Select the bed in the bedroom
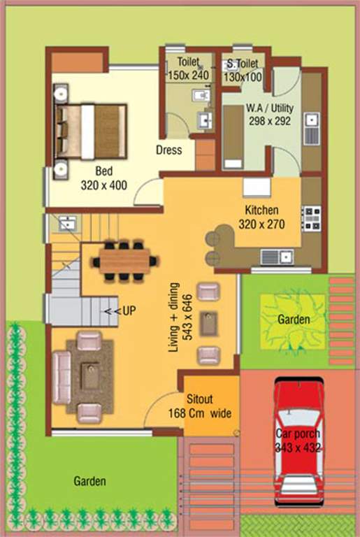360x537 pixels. (x=92, y=131)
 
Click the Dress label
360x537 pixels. (x=168, y=150)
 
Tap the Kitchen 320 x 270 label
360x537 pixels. (x=261, y=217)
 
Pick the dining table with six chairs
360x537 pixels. (x=124, y=261)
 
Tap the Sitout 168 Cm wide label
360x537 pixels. (x=208, y=407)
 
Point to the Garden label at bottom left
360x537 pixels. (x=90, y=481)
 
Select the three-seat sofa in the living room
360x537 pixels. (x=62, y=378)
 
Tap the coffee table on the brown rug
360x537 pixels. (x=89, y=377)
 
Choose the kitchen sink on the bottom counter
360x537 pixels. (x=276, y=257)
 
